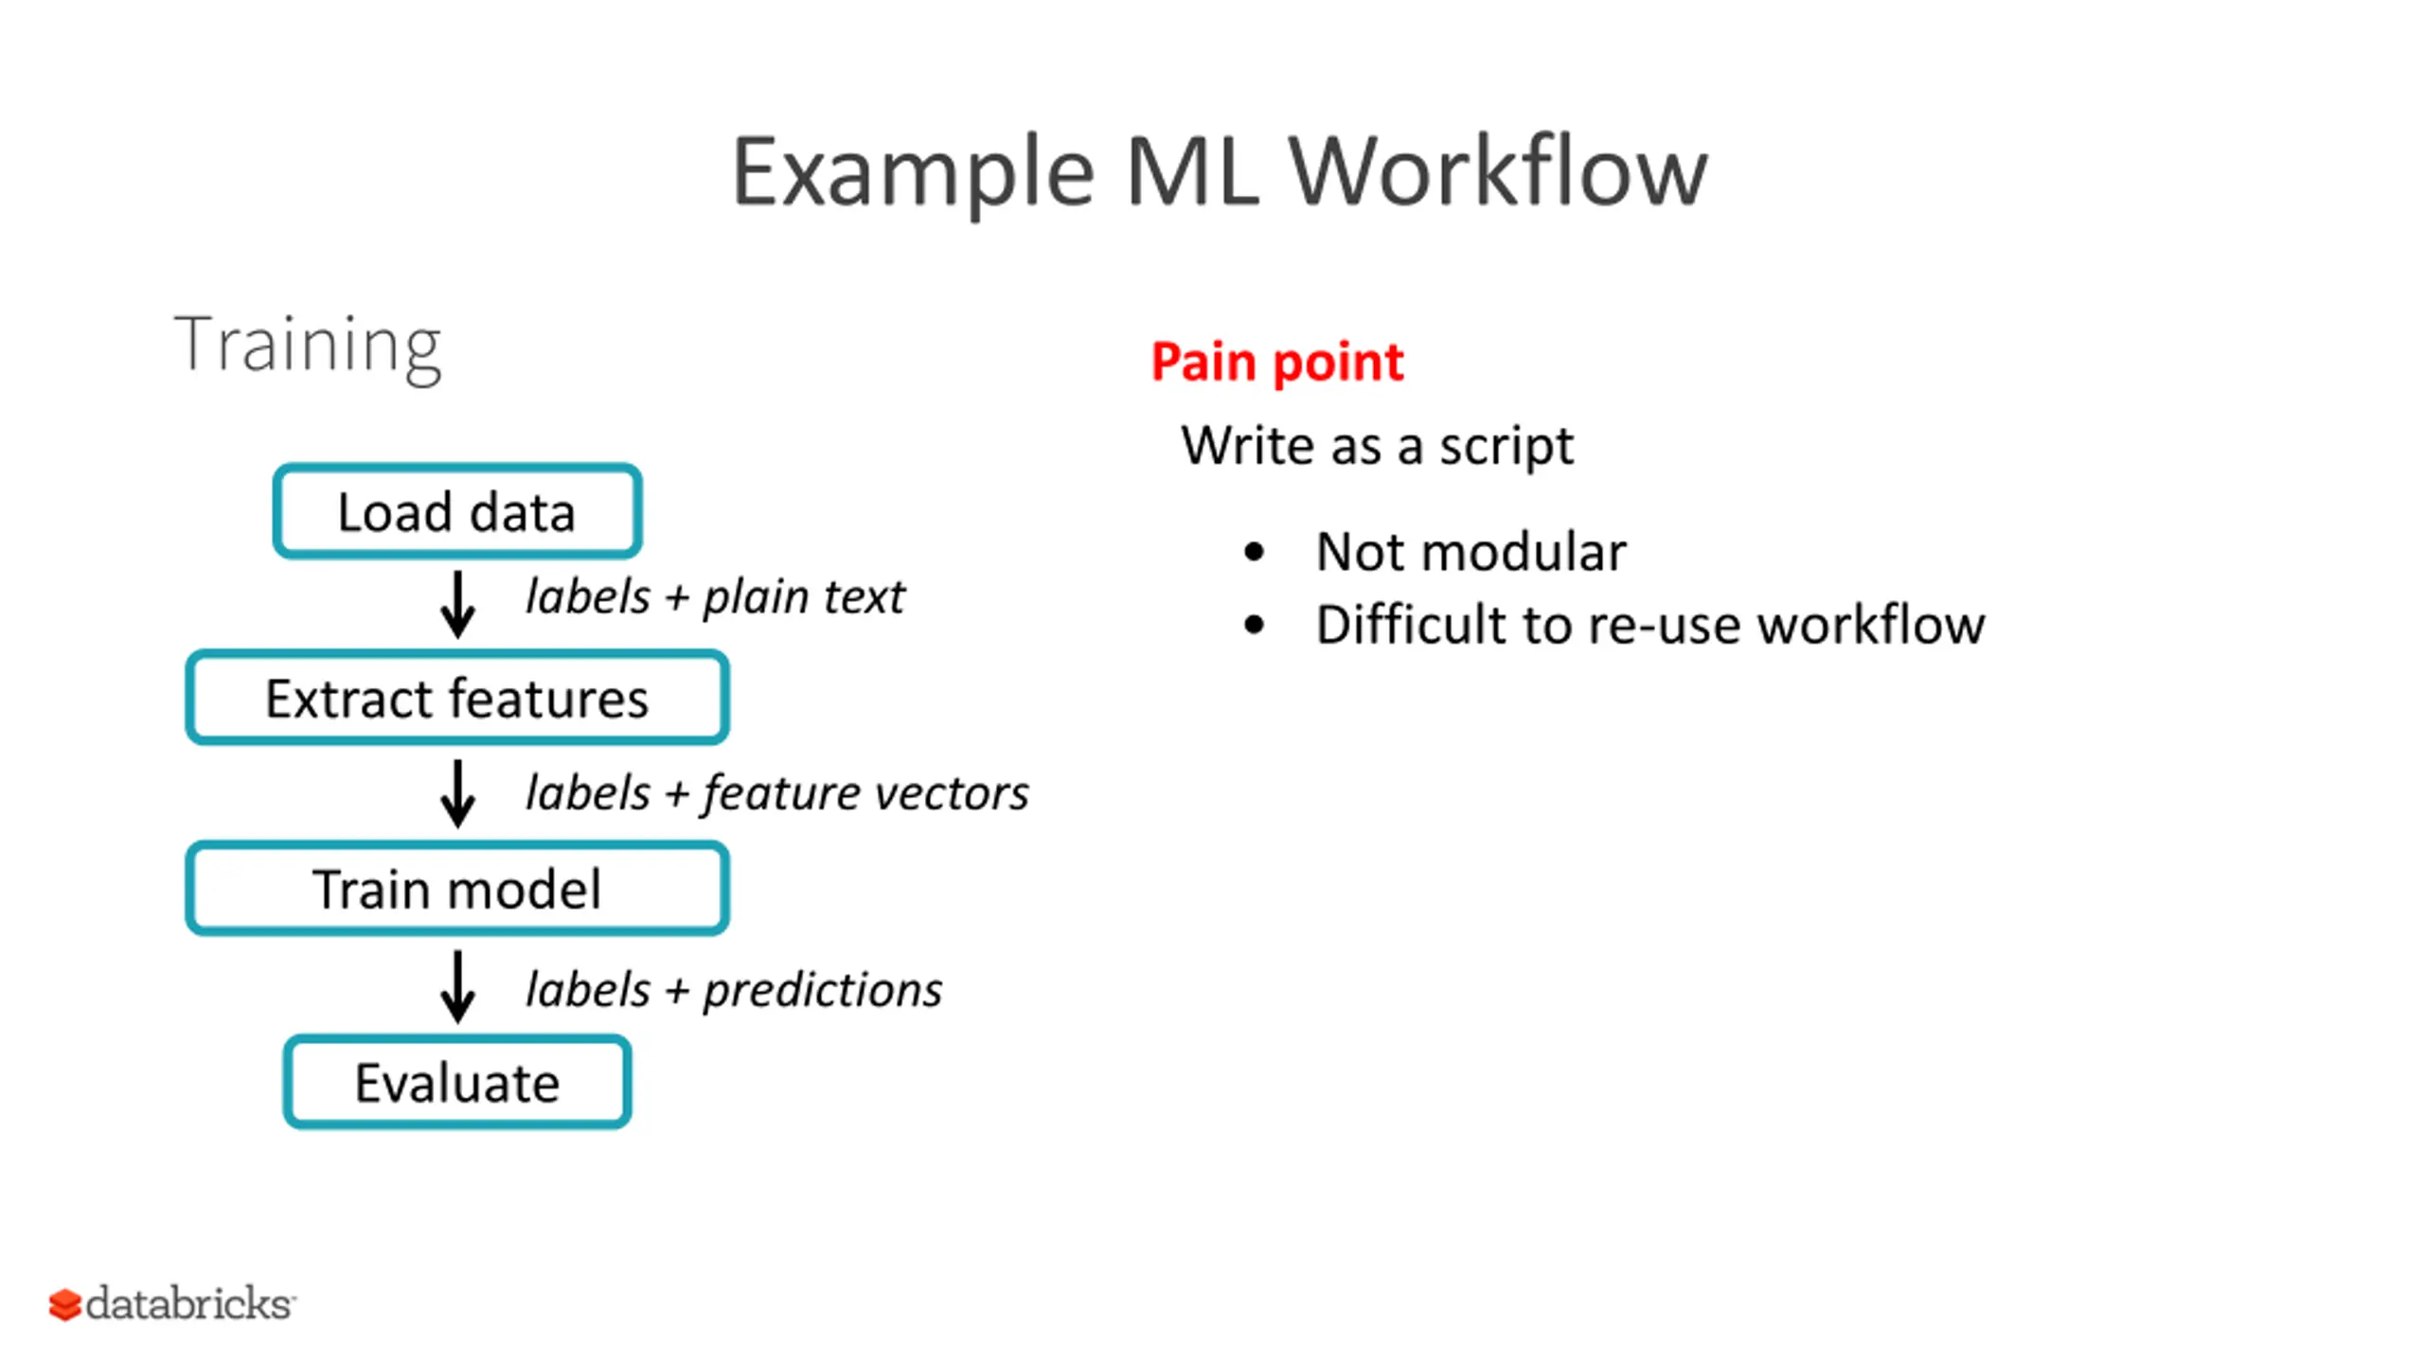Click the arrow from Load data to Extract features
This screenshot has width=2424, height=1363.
coord(457,604)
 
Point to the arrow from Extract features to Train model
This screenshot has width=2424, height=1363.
coord(457,793)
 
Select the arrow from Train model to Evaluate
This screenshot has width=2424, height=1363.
coord(457,986)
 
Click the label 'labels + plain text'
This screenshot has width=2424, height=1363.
coord(715,597)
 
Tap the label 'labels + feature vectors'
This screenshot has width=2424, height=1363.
coord(776,793)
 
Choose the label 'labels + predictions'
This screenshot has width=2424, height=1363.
coord(734,990)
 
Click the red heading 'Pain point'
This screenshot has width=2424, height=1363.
coord(1276,363)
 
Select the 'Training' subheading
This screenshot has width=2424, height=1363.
coord(308,346)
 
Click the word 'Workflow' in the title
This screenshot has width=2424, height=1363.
coord(1498,170)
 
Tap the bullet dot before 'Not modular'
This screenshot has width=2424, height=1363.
coord(1254,552)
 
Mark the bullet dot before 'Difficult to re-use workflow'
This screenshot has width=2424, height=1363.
coord(1254,625)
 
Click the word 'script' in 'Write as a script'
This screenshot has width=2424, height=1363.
coord(1506,446)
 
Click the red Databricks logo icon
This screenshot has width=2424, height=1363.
coord(64,1304)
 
